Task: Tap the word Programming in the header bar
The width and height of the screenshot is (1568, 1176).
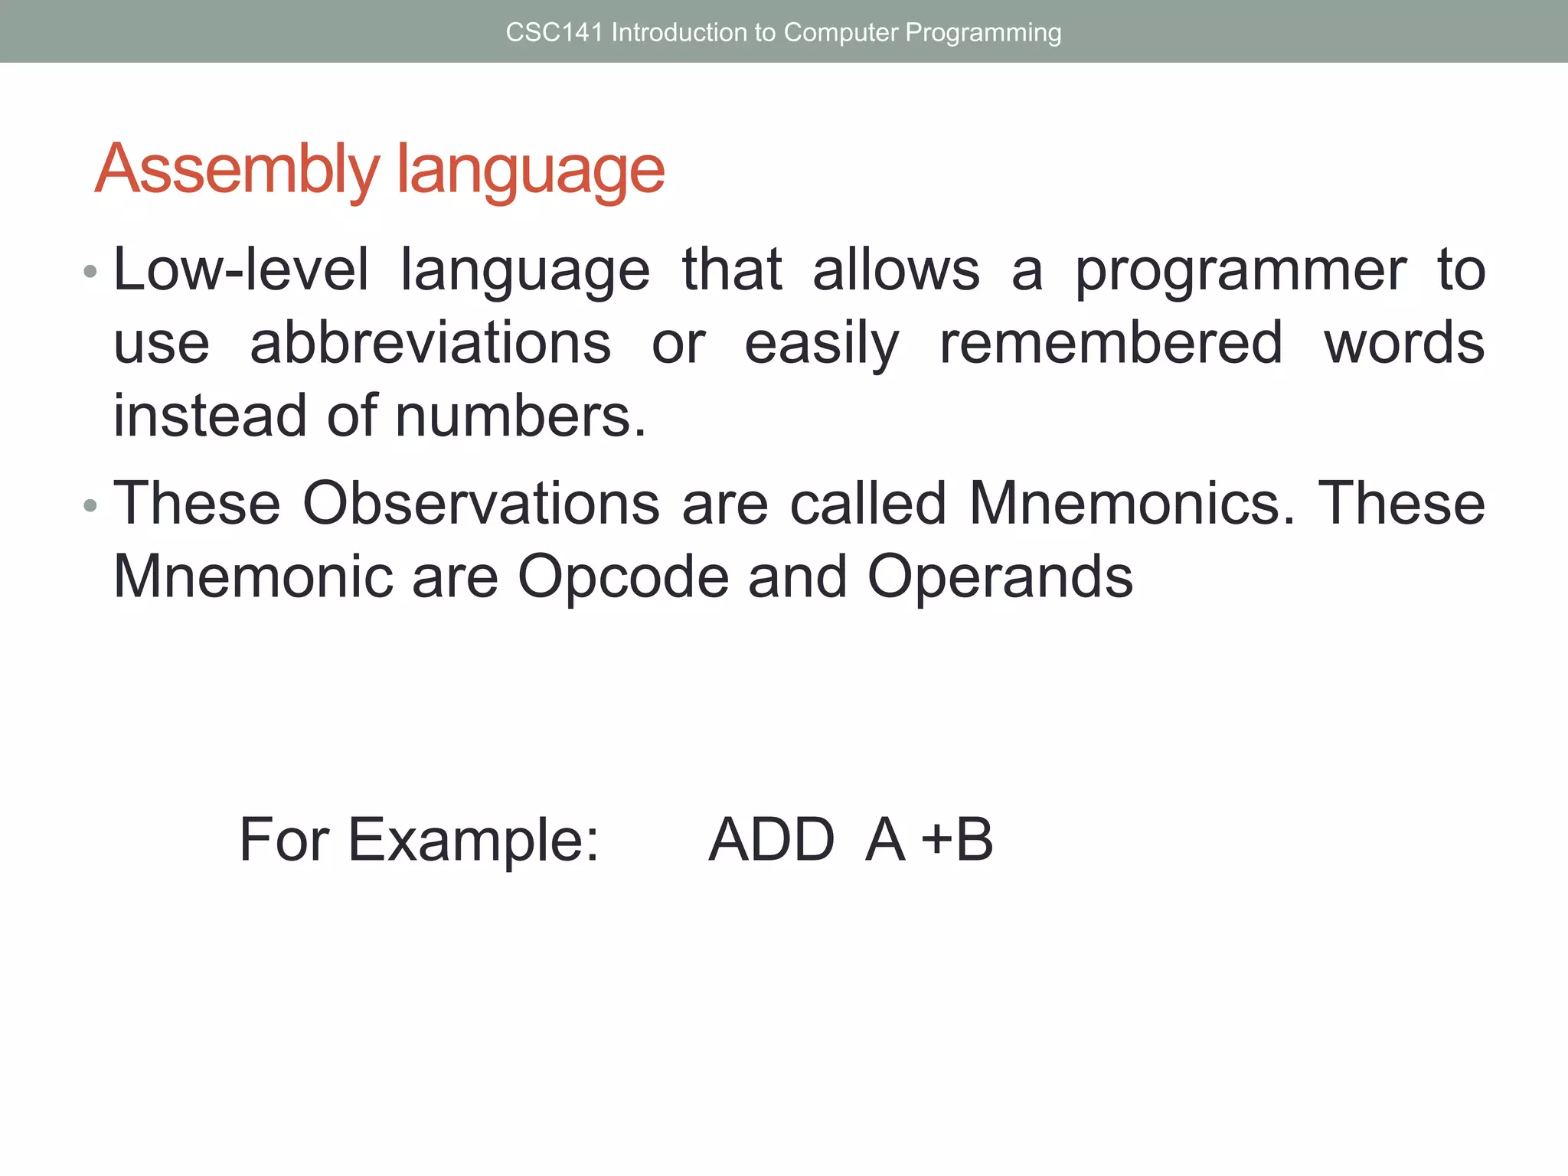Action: pos(983,32)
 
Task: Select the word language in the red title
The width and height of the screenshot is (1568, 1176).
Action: pos(531,169)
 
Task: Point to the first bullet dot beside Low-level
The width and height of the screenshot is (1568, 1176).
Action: pos(90,271)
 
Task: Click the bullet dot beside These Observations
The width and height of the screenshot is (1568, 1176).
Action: pos(90,505)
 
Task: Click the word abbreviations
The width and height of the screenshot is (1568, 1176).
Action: pos(430,343)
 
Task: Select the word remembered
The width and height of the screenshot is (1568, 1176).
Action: pos(1111,343)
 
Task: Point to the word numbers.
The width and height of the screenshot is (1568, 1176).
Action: pos(521,416)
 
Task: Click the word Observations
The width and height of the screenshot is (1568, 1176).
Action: pos(481,504)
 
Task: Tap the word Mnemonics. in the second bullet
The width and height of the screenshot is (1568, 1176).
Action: pos(1132,504)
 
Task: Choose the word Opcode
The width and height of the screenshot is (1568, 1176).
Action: pos(623,577)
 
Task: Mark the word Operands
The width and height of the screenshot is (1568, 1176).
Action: pos(999,577)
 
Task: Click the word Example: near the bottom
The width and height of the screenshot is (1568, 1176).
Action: pos(473,841)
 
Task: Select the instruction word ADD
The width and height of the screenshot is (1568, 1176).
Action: pos(771,841)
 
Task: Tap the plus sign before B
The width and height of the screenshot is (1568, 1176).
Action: pos(936,841)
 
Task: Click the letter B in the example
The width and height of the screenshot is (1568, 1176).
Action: pos(974,841)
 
